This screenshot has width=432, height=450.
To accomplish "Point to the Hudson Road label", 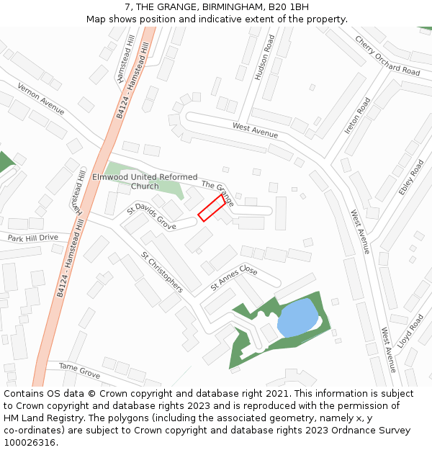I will [265, 57].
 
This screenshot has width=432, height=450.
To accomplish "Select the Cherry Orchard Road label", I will [387, 55].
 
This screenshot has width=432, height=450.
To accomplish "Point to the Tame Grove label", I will [79, 371].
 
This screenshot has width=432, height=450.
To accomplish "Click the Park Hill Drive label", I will [32, 238].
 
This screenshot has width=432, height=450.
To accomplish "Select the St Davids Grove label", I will [151, 216].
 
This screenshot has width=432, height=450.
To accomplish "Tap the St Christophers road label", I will [161, 272].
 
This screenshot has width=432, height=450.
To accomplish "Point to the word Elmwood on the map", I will [109, 177].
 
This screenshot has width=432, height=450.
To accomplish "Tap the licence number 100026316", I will [30, 442].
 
